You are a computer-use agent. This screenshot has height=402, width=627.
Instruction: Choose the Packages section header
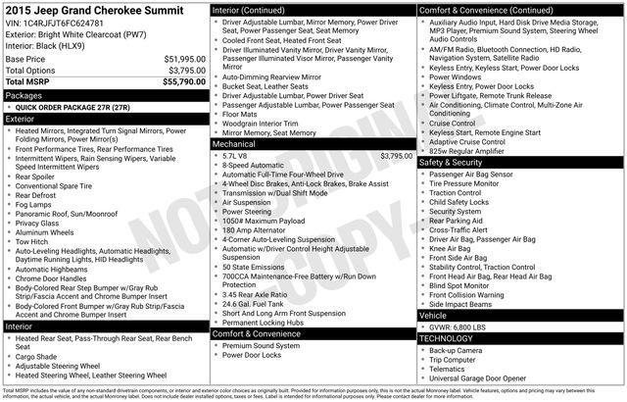pos(24,96)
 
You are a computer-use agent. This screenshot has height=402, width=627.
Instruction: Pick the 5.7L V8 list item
pos(236,155)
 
